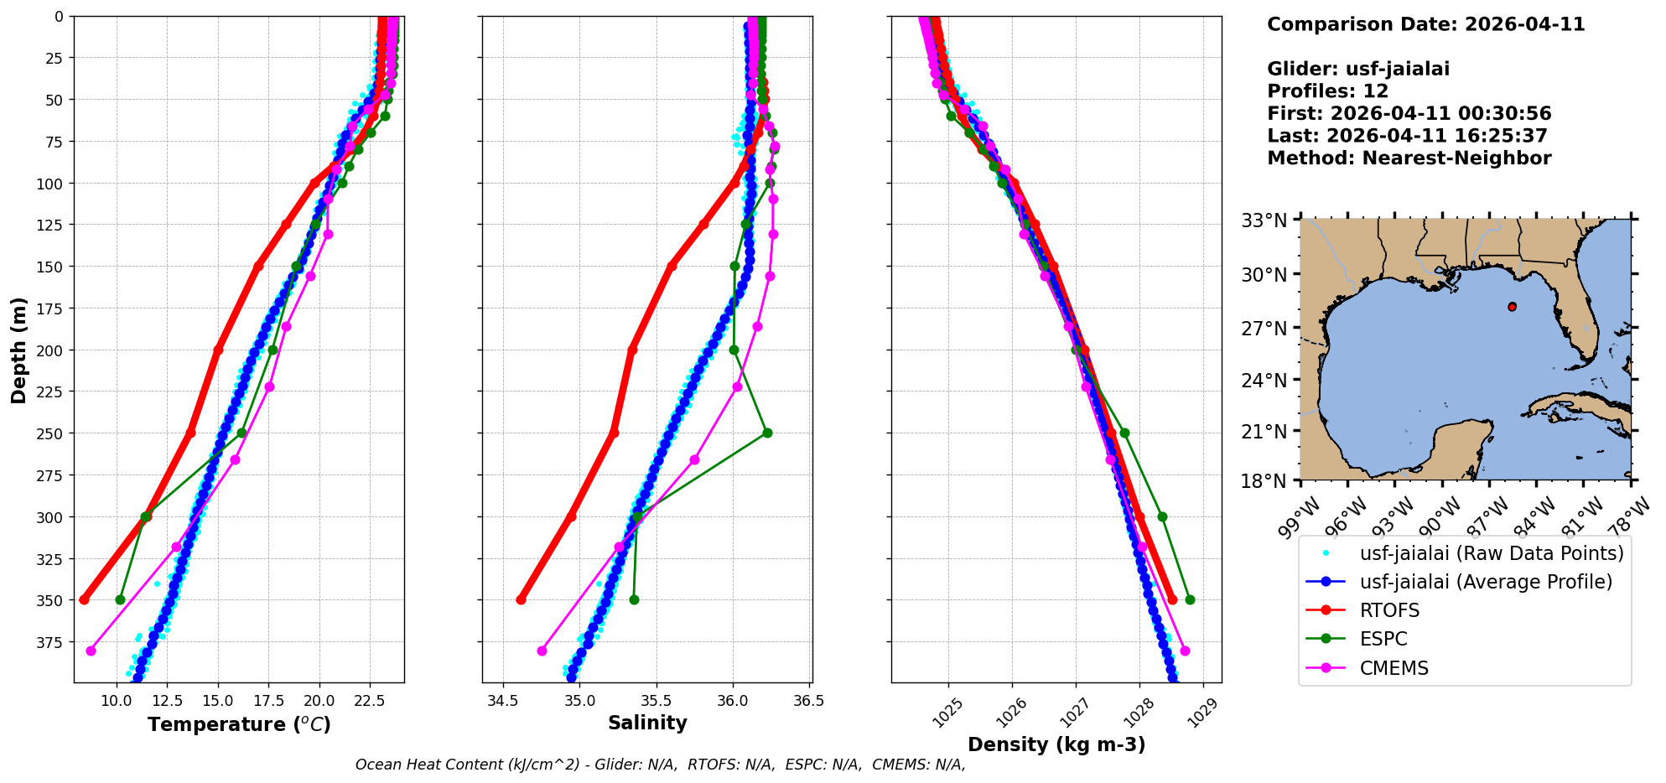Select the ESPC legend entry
point(1383,639)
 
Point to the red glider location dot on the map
point(1512,307)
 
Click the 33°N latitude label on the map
point(1264,221)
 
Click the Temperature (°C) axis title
point(239,724)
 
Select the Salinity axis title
point(647,723)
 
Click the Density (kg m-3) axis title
point(1056,744)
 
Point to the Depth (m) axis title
point(18,350)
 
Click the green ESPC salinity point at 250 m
point(767,433)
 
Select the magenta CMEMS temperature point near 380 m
point(91,651)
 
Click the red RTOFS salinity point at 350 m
point(521,600)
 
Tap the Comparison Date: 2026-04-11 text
point(1425,24)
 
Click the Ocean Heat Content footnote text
point(660,765)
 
